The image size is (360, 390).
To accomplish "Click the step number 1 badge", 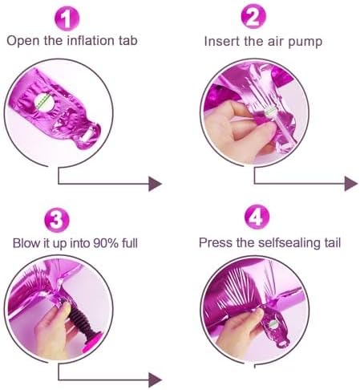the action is click(x=67, y=18).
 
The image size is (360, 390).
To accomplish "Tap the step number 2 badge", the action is click(x=253, y=17).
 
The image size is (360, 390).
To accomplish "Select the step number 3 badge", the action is click(x=57, y=220).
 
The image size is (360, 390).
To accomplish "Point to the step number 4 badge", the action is click(x=257, y=217).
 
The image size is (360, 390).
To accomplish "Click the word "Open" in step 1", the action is click(x=22, y=42).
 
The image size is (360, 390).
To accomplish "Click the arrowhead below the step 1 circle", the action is click(x=156, y=184).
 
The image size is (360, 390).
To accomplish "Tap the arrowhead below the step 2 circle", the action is click(x=351, y=184).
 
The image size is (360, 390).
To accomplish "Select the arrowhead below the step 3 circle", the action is click(x=156, y=380).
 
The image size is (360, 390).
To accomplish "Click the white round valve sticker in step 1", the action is click(x=44, y=101).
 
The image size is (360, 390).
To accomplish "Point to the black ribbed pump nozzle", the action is click(x=80, y=319).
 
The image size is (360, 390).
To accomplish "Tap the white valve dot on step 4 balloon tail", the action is click(x=273, y=324).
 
